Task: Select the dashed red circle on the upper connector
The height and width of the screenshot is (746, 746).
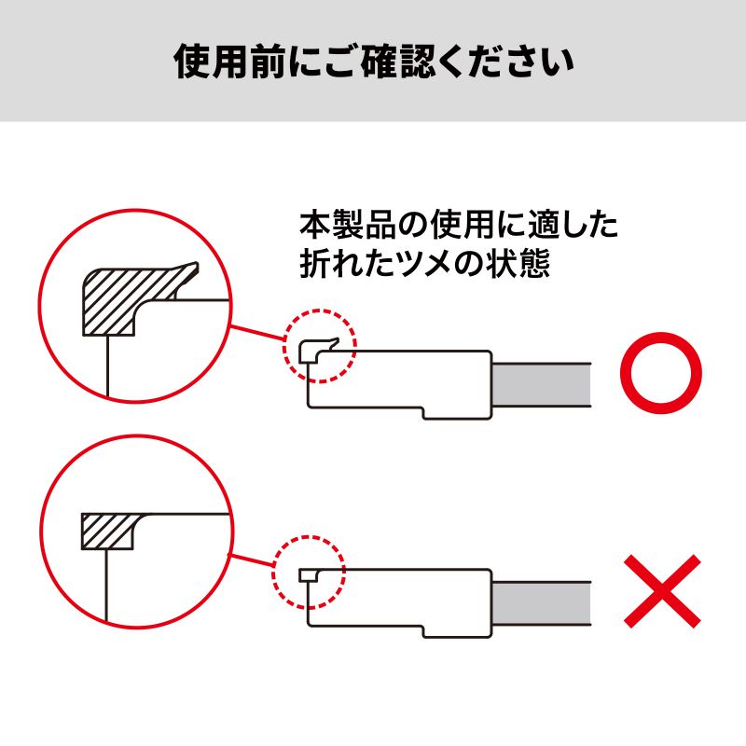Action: [x=320, y=346]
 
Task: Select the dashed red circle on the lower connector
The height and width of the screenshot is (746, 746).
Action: [x=309, y=572]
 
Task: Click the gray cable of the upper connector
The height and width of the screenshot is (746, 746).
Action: [x=541, y=383]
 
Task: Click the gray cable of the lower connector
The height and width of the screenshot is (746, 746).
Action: [x=541, y=604]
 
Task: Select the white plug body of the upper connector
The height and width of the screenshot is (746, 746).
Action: [x=401, y=382]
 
